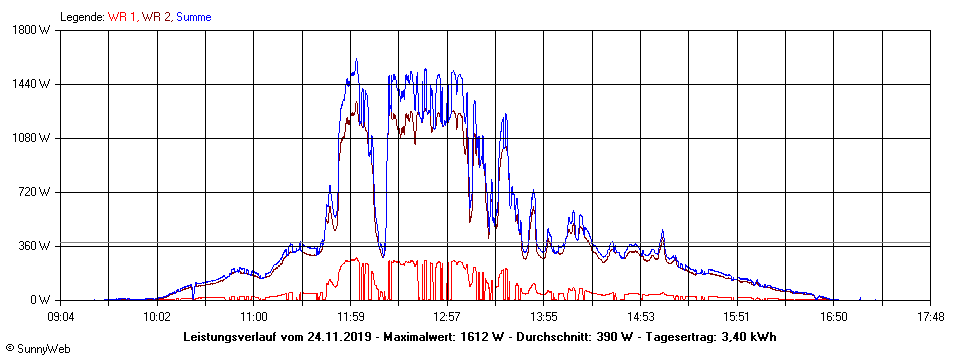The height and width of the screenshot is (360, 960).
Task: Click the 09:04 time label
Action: [61, 317]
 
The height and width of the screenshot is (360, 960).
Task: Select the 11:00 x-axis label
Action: [254, 317]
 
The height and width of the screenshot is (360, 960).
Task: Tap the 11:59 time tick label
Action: [350, 317]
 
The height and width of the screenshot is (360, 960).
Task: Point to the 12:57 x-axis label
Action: [447, 317]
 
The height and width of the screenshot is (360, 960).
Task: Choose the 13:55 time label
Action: [544, 317]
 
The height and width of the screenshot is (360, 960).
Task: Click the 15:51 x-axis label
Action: [737, 317]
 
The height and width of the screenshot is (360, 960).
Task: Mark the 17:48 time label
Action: [930, 317]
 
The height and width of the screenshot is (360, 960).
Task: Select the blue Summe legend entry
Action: [193, 17]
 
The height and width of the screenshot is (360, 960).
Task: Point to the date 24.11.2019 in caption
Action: [339, 336]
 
